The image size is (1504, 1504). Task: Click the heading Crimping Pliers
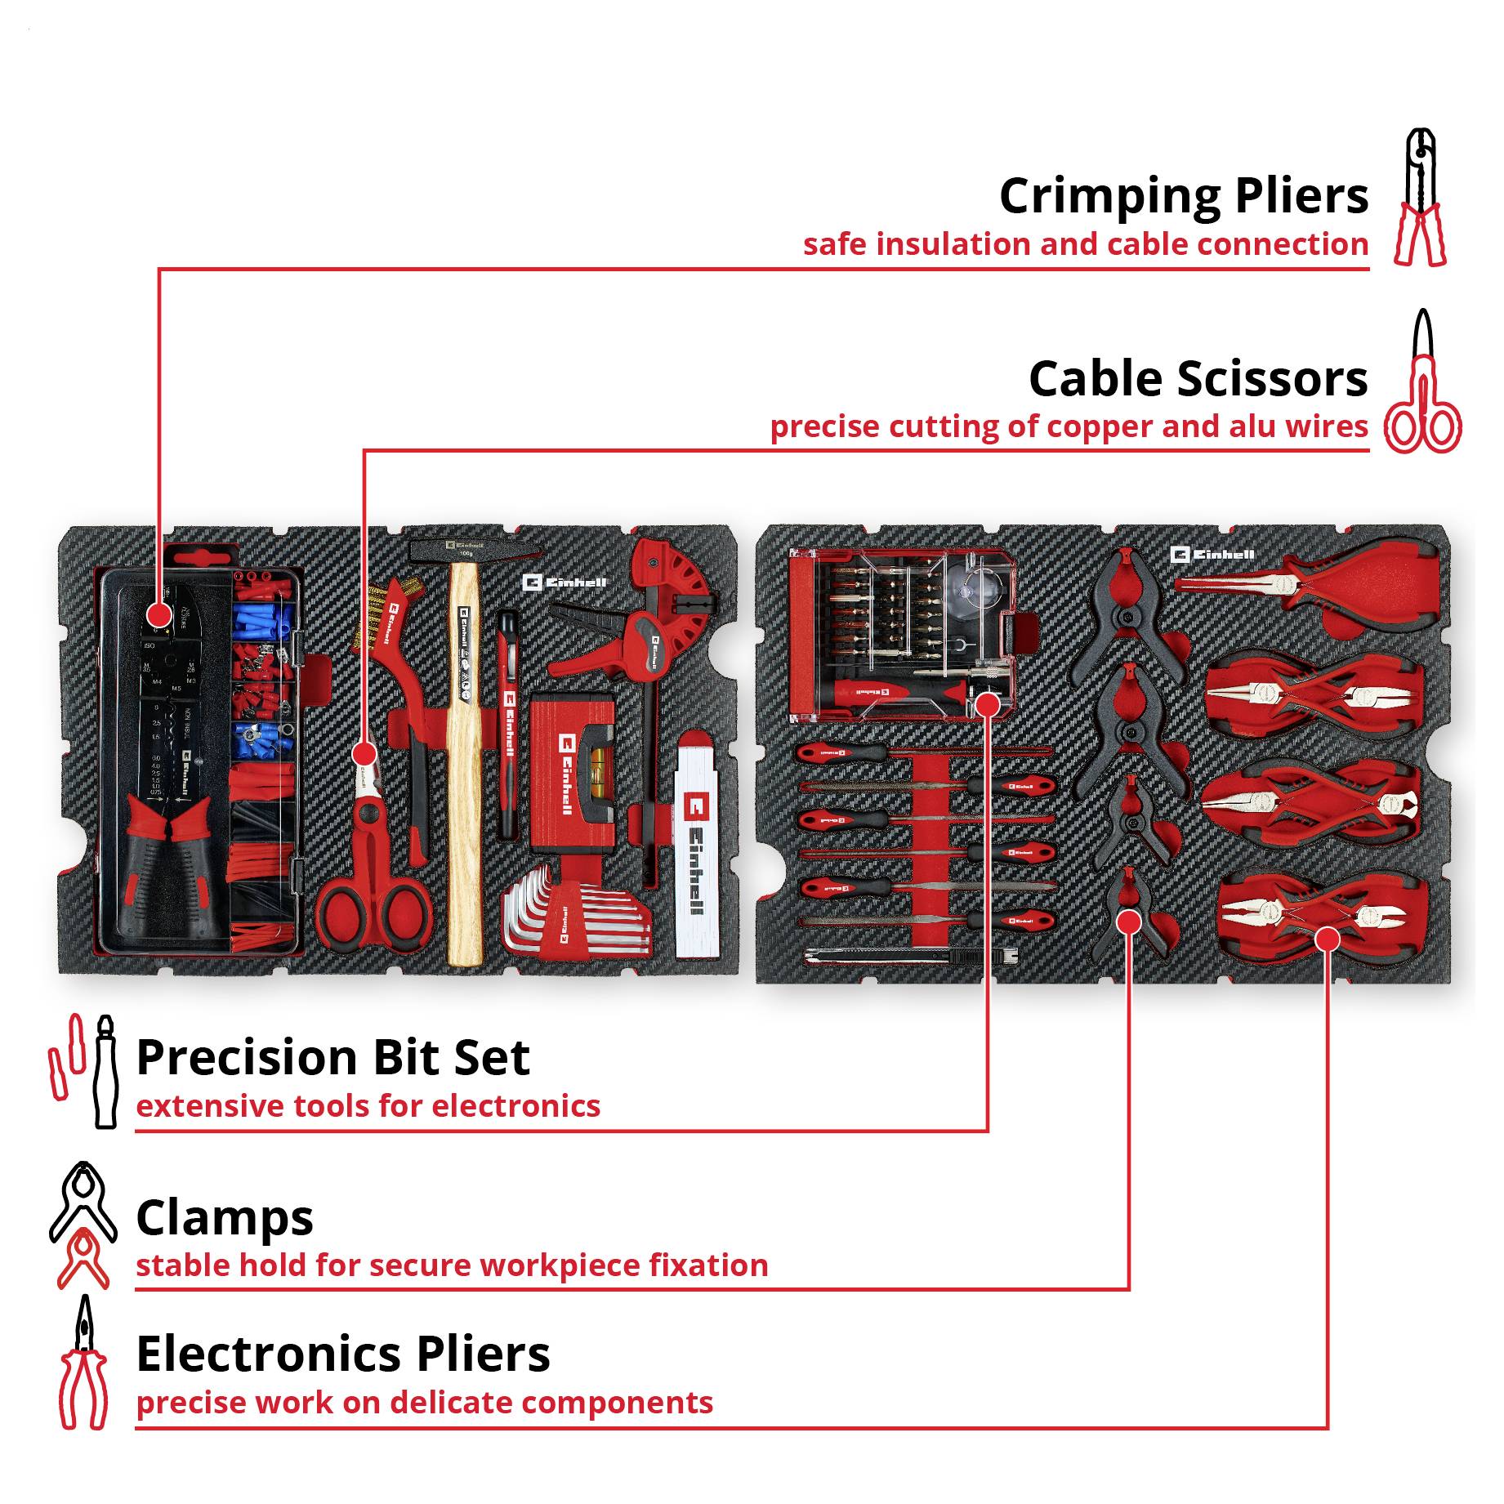pyautogui.click(x=1183, y=197)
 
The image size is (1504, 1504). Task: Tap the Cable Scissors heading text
pyautogui.click(x=1198, y=379)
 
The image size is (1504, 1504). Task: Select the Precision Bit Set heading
pyautogui.click(x=332, y=1057)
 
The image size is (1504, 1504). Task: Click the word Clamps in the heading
pyautogui.click(x=225, y=1217)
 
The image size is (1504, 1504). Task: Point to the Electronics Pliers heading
pyautogui.click(x=343, y=1354)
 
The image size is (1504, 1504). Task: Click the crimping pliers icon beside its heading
pyautogui.click(x=1421, y=197)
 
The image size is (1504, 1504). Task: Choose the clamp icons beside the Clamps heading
pyautogui.click(x=82, y=1225)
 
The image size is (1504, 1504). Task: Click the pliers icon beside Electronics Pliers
pyautogui.click(x=83, y=1363)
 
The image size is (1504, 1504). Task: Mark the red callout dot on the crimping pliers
pyautogui.click(x=158, y=615)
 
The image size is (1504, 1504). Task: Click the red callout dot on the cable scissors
pyautogui.click(x=364, y=753)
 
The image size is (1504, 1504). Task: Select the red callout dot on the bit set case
pyautogui.click(x=988, y=704)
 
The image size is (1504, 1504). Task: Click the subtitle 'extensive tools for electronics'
pyautogui.click(x=368, y=1105)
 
